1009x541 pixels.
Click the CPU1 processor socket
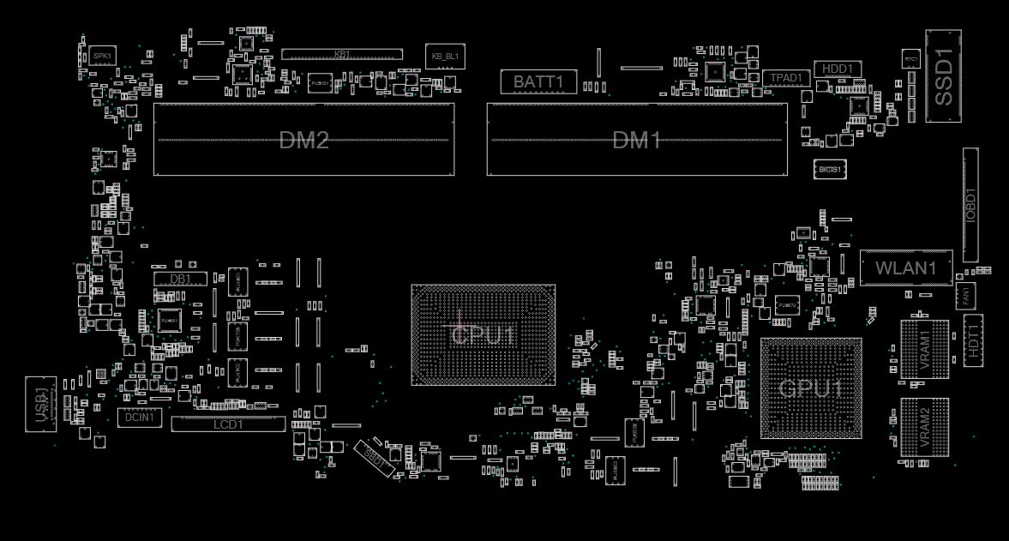(483, 335)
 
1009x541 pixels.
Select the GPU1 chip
(811, 388)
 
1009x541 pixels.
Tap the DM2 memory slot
(303, 140)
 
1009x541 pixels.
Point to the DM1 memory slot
(637, 140)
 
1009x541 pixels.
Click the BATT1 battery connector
(538, 82)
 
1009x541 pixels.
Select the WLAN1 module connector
(906, 268)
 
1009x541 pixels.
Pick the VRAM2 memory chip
(925, 425)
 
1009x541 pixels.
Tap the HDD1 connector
(837, 69)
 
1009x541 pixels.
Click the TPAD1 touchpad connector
(786, 78)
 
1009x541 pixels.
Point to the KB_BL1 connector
(445, 57)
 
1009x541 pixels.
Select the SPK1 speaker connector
(103, 56)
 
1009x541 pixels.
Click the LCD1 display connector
(228, 424)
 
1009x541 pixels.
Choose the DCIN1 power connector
(140, 418)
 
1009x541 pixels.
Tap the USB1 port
(40, 401)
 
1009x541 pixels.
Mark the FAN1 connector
(966, 297)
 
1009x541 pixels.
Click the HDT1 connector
(973, 340)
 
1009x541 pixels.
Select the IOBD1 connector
(970, 205)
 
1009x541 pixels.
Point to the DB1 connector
(180, 279)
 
